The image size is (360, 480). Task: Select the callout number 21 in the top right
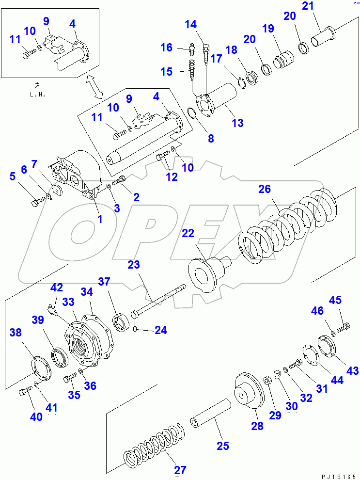[321, 7]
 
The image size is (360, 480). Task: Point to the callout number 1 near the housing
[100, 219]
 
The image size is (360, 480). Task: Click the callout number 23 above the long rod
[133, 265]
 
